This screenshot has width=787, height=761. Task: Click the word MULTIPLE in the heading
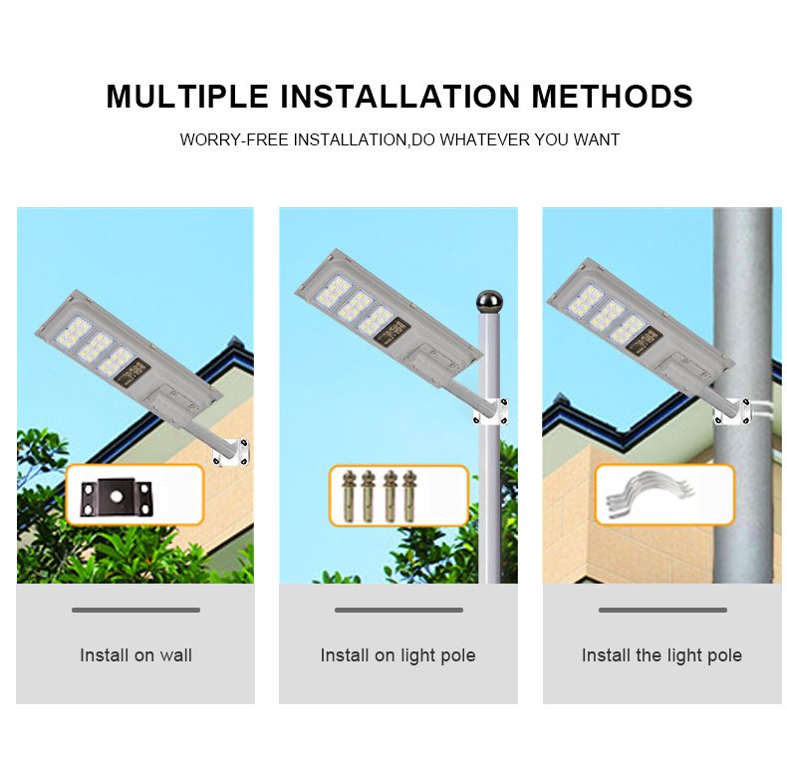click(x=187, y=96)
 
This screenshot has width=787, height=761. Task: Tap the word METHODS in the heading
click(x=613, y=96)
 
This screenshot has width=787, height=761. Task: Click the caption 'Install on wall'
click(x=135, y=655)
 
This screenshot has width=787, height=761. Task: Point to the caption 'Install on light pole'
click(x=398, y=656)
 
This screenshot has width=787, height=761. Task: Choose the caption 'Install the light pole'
click(x=661, y=656)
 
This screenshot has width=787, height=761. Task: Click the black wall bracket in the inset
click(x=116, y=496)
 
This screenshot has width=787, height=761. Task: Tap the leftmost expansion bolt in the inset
click(x=349, y=495)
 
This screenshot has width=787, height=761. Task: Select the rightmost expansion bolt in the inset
click(x=409, y=495)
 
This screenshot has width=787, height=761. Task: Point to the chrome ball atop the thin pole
click(x=489, y=302)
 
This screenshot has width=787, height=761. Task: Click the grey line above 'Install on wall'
click(x=135, y=610)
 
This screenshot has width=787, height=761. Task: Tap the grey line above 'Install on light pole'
click(x=398, y=610)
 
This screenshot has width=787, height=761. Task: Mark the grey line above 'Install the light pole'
click(x=662, y=610)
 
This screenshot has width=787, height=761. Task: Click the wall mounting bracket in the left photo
click(x=231, y=453)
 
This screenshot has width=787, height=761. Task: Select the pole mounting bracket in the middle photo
click(x=490, y=411)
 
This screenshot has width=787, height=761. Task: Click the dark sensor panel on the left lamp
click(x=131, y=374)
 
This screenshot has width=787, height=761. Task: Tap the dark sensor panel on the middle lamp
click(x=392, y=332)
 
